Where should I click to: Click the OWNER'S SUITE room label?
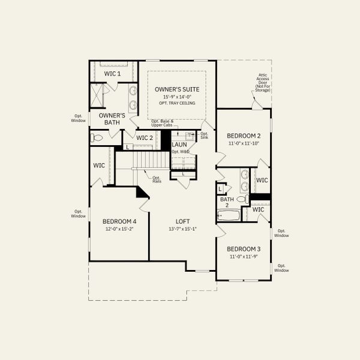tap(177, 89)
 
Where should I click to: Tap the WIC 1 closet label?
tap(113, 73)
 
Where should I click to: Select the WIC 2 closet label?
tap(145, 138)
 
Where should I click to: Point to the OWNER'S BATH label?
tap(112, 118)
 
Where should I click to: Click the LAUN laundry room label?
tap(179, 145)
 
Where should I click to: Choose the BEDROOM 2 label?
tap(243, 136)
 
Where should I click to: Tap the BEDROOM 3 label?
tap(243, 249)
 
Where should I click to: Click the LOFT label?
tap(183, 221)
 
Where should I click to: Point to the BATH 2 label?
tap(227, 202)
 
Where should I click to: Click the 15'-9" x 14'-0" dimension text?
tap(177, 97)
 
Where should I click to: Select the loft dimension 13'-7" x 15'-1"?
tap(183, 228)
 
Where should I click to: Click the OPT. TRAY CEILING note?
tap(177, 103)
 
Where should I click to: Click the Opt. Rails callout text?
tap(156, 179)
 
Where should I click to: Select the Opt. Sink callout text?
tap(204, 136)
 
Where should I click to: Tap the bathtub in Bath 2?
tap(228, 215)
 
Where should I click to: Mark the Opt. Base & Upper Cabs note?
tap(162, 123)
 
